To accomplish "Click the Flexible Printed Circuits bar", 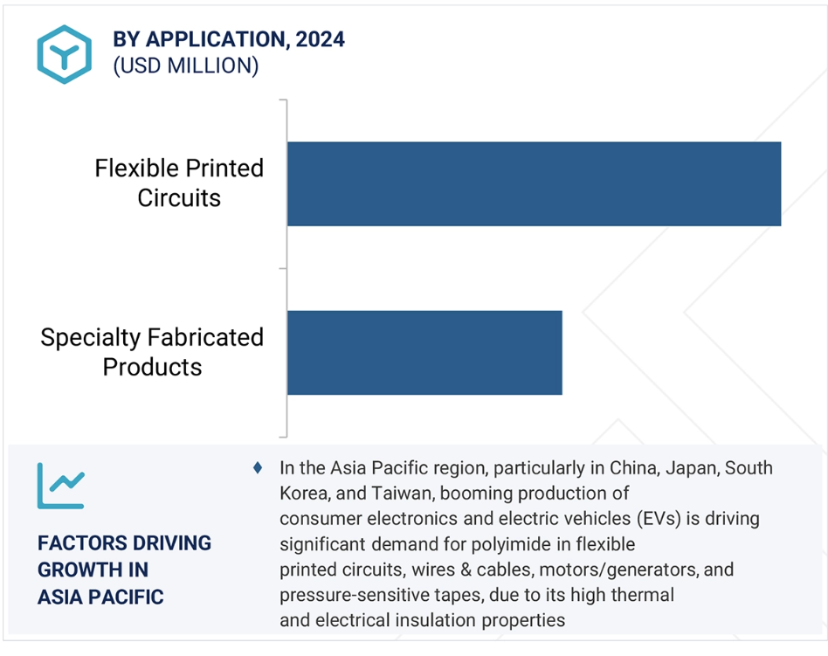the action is pyautogui.click(x=534, y=183).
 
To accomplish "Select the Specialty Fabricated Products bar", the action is pyautogui.click(x=424, y=352).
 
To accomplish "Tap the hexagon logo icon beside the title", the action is pyautogui.click(x=65, y=54).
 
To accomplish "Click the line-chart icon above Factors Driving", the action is pyautogui.click(x=61, y=486).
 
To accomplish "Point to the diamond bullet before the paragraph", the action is pyautogui.click(x=258, y=468).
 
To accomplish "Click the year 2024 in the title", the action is pyautogui.click(x=320, y=39).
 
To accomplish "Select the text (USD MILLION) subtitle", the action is pyautogui.click(x=186, y=66).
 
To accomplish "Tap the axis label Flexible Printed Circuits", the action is pyautogui.click(x=179, y=183).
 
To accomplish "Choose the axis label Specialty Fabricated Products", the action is pyautogui.click(x=152, y=352).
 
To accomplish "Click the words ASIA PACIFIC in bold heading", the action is pyautogui.click(x=100, y=597).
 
